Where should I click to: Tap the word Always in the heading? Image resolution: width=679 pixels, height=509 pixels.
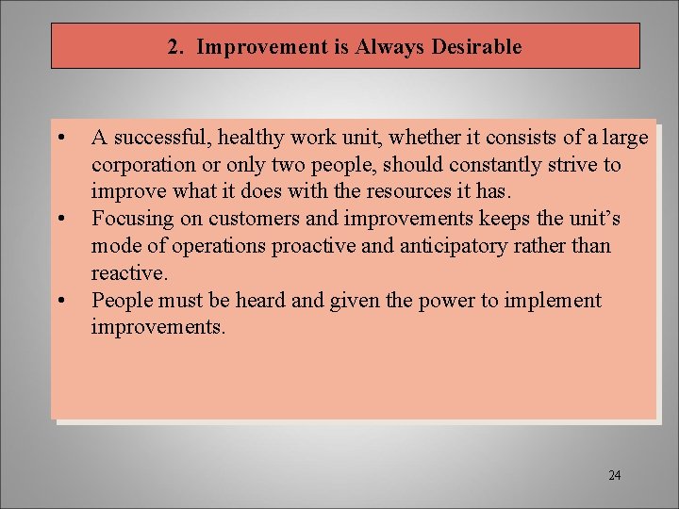point(390,47)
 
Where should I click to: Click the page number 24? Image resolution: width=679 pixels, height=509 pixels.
point(615,475)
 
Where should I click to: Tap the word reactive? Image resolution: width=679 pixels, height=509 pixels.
point(128,274)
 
